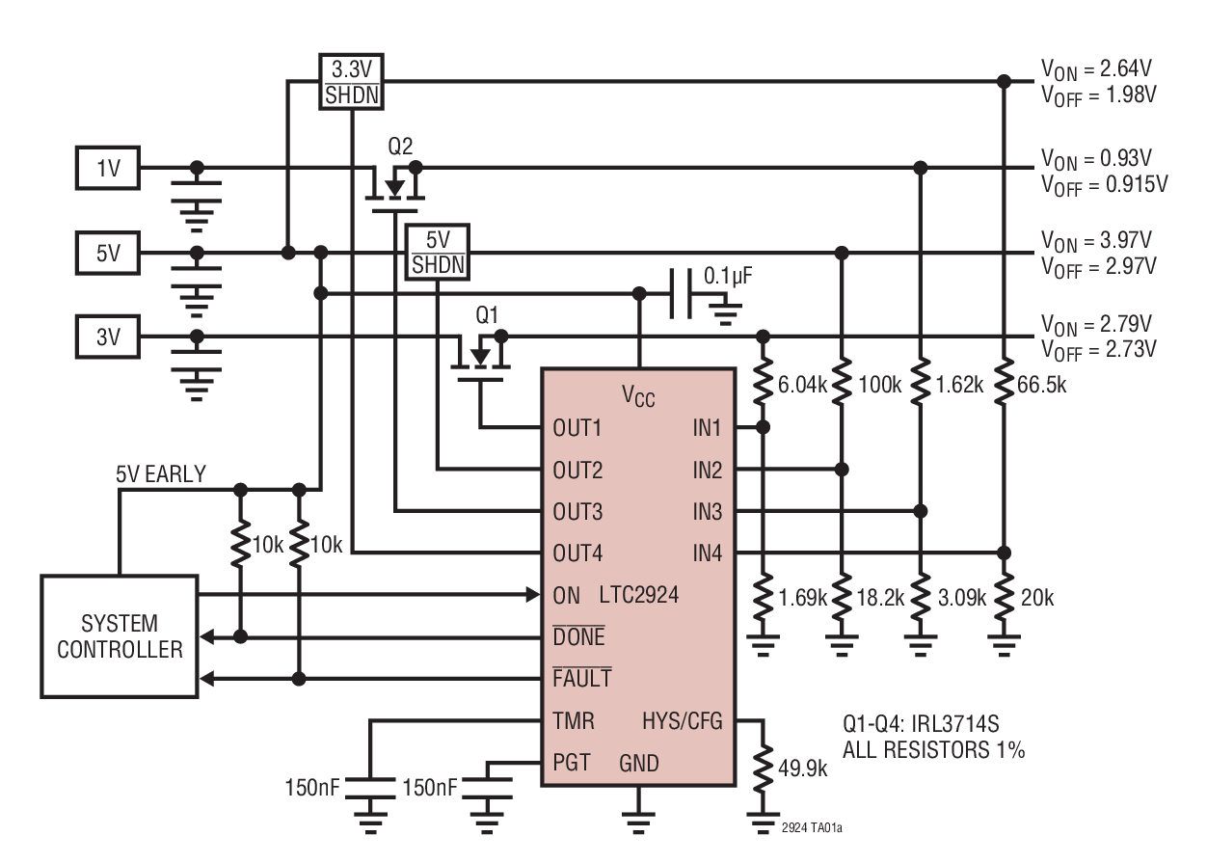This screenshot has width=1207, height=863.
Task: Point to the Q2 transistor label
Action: [x=400, y=147]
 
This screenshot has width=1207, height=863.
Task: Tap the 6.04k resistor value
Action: [x=802, y=386]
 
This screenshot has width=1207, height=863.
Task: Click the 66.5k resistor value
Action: [x=1047, y=386]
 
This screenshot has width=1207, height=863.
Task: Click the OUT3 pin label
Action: [x=578, y=511]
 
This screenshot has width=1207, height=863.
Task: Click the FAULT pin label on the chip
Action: [x=581, y=679]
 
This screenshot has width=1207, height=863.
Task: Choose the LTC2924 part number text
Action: [x=638, y=594]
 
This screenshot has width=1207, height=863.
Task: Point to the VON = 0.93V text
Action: [x=1096, y=156]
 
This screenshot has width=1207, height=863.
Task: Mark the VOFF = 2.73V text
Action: [x=1098, y=348]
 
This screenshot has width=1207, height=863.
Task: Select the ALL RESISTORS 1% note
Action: [x=933, y=749]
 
